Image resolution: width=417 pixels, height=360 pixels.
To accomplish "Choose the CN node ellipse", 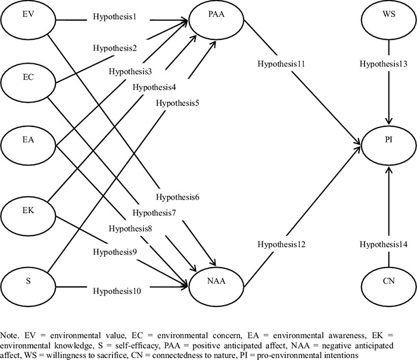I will (388, 278).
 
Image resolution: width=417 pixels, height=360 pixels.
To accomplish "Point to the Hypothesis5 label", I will (177, 103).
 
